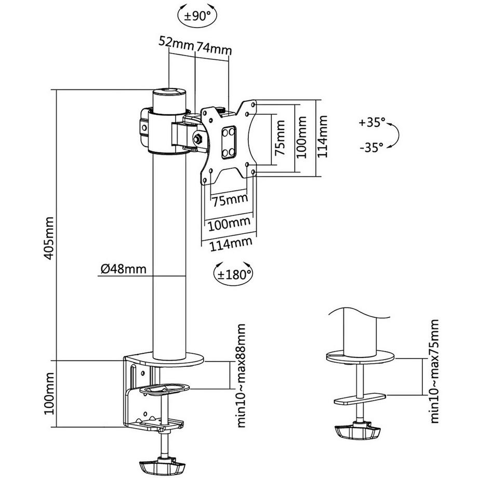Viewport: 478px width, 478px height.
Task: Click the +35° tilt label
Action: coord(372,123)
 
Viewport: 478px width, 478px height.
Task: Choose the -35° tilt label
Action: coord(372,147)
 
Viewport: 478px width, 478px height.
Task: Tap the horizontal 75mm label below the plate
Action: coord(229,199)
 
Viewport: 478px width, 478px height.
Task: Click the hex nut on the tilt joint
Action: coord(198,139)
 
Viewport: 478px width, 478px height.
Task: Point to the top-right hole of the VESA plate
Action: coord(255,103)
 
